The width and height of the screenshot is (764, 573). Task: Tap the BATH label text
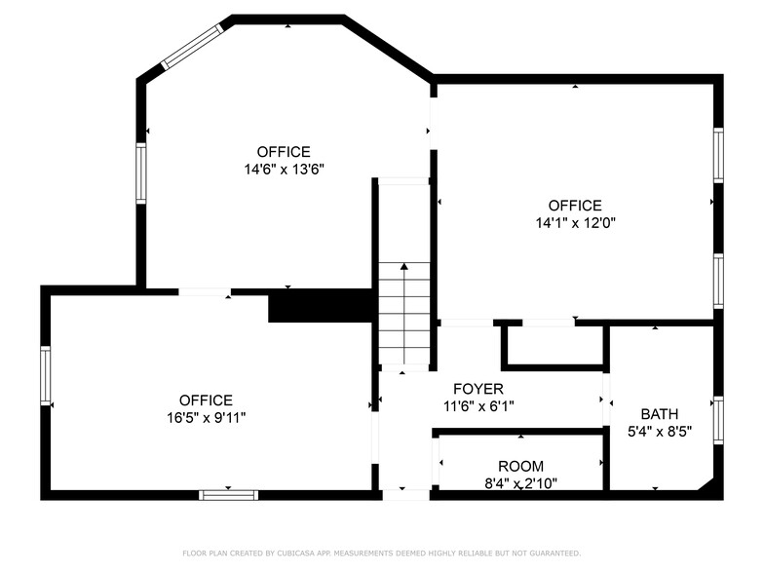pos(659,414)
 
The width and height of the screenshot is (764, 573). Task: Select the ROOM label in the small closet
pos(520,467)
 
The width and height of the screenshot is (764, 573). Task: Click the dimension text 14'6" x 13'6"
pos(284,169)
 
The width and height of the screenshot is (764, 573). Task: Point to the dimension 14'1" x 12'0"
pos(575,222)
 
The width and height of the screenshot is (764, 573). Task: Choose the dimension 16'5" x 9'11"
pos(206,417)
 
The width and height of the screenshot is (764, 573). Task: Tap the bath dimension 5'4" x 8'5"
pos(659,431)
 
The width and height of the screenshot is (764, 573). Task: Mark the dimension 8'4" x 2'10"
pos(520,482)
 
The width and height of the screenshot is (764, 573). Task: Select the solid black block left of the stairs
pos(321,305)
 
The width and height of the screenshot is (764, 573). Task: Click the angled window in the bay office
pos(192,46)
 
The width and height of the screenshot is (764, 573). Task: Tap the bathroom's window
pos(718,419)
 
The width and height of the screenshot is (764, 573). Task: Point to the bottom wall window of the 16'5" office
pos(228,494)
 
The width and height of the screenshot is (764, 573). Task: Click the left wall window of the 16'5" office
pos(46,376)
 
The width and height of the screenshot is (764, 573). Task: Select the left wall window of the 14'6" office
pos(141,173)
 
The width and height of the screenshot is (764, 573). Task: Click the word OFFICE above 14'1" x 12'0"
pos(575,206)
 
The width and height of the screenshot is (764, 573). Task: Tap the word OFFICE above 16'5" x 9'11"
pos(206,401)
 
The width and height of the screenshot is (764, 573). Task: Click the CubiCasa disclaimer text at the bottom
pos(381,553)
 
